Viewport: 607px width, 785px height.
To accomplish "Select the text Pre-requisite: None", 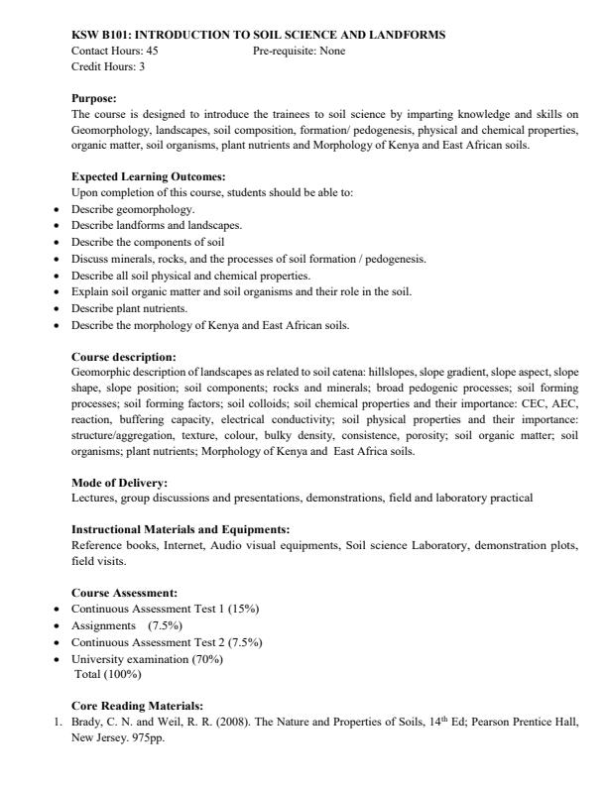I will click(300, 51).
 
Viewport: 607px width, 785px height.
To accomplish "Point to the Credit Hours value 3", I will click(132, 65).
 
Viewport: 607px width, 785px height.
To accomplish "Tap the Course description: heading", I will click(124, 356).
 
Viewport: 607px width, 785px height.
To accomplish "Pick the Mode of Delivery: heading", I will click(119, 483).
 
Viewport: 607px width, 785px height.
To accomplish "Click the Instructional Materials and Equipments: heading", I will click(181, 530).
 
